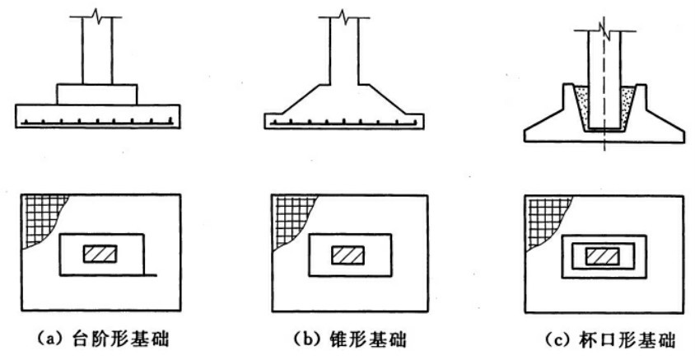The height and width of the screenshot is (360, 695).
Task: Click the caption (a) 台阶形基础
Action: click(97, 339)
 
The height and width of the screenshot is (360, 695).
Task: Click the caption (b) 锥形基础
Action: click(344, 339)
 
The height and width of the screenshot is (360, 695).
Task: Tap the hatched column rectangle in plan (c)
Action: click(602, 256)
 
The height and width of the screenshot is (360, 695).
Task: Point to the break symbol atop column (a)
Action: click(96, 15)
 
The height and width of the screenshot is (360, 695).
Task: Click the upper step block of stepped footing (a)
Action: click(96, 93)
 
